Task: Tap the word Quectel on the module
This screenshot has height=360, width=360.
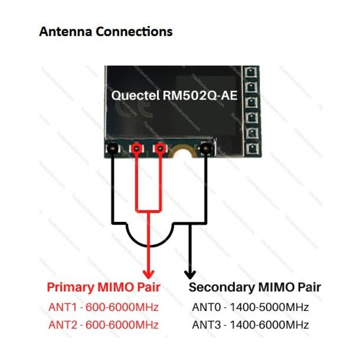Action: pos(130,96)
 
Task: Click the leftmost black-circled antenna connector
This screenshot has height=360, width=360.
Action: pos(112,148)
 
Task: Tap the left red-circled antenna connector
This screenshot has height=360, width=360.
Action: pos(136,148)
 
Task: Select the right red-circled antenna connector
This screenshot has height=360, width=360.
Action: pos(159,148)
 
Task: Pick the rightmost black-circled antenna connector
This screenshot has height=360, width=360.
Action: pos(207,148)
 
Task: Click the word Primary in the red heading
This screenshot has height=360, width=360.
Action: pos(70,287)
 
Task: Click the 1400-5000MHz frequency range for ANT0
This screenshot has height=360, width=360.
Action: pos(269,308)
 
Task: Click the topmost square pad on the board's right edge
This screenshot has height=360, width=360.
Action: pos(249,72)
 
